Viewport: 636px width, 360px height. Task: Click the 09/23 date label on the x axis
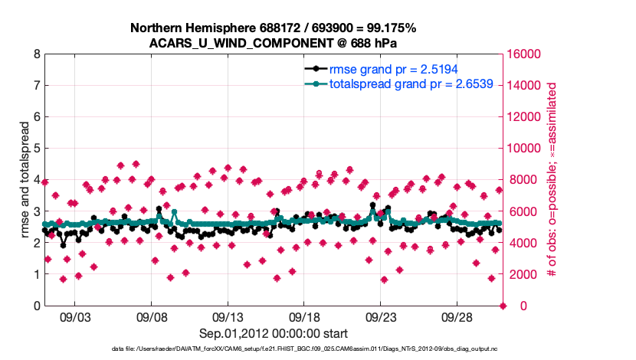(381, 318)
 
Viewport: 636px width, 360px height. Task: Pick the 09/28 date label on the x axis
(457, 318)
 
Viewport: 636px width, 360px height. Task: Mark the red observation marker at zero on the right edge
(503, 306)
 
